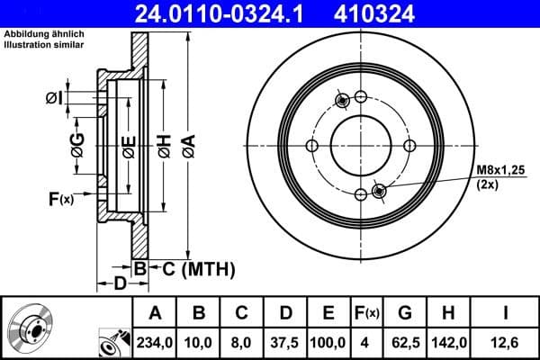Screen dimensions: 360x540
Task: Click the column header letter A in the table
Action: (155, 312)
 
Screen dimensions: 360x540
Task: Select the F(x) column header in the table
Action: (367, 312)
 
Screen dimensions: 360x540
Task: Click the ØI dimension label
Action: (55, 97)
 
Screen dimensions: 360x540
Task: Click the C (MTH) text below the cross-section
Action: (199, 267)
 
